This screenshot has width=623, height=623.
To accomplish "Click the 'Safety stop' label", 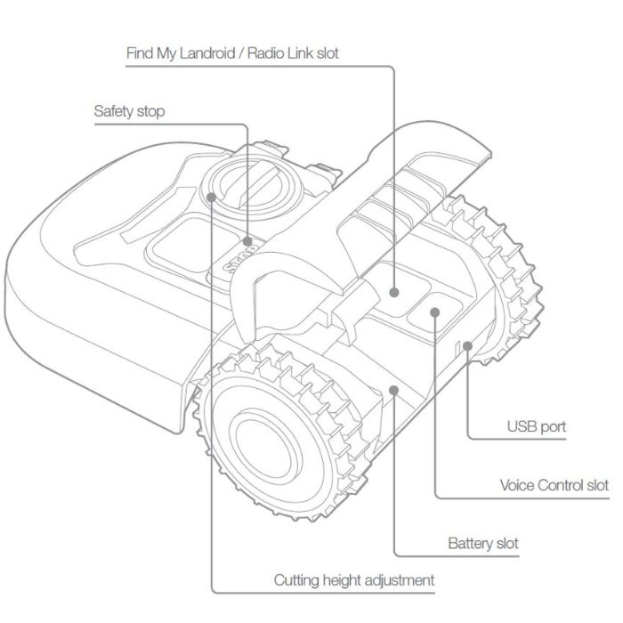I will point(129,112).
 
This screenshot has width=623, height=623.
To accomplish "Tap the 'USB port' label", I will point(537,426).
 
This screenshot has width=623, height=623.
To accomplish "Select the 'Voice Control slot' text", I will point(554,486).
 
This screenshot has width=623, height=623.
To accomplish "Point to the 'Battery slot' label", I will point(483,543).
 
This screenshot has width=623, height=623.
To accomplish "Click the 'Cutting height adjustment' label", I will point(354,580).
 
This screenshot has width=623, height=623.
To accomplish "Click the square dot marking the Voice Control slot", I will point(435,313).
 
